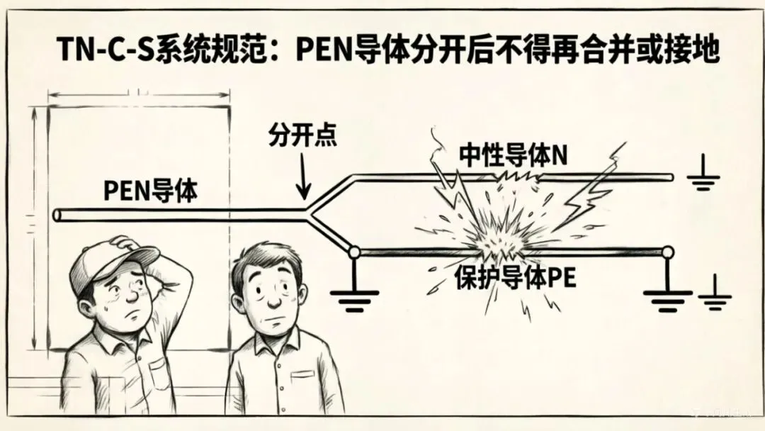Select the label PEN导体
pos(150,191)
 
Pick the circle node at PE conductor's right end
pos(666,252)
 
